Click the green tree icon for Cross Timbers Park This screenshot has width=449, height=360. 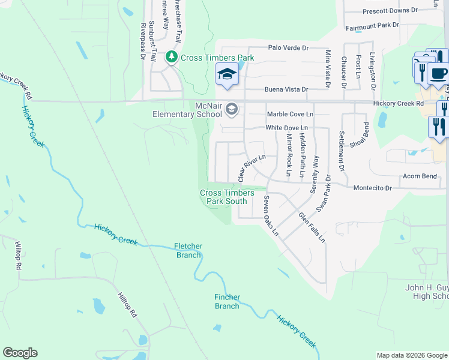click(x=172, y=57)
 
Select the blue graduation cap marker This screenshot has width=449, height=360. click(x=228, y=74)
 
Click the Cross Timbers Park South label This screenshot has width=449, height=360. click(x=223, y=197)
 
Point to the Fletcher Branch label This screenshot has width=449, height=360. click(x=188, y=251)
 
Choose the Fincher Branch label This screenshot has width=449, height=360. click(x=228, y=301)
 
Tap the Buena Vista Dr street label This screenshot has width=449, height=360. click(x=286, y=89)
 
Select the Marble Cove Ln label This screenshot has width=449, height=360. click(x=289, y=114)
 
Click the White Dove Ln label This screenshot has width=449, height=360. click(x=286, y=128)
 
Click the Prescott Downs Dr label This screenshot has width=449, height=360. click(x=390, y=11)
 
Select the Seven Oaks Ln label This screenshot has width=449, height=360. click(x=271, y=215)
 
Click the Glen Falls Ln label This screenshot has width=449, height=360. click(x=312, y=227)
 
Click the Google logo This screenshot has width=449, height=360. click(x=20, y=353)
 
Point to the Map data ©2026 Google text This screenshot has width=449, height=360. click(x=411, y=355)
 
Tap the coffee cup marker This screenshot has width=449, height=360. click(x=438, y=74)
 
